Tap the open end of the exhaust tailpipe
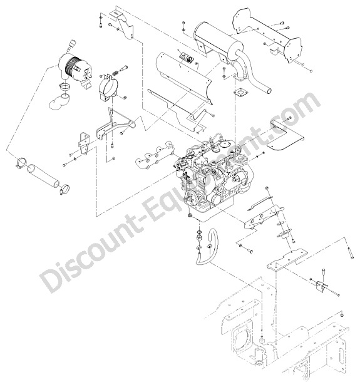pyautogui.click(x=269, y=91)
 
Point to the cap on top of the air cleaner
pyautogui.click(x=71, y=44)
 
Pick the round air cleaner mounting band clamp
pyautogui.click(x=108, y=86)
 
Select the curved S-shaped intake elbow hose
pyautogui.click(x=59, y=101)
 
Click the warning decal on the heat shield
pyautogui.click(x=187, y=59)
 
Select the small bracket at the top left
pyautogui.click(x=123, y=24)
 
